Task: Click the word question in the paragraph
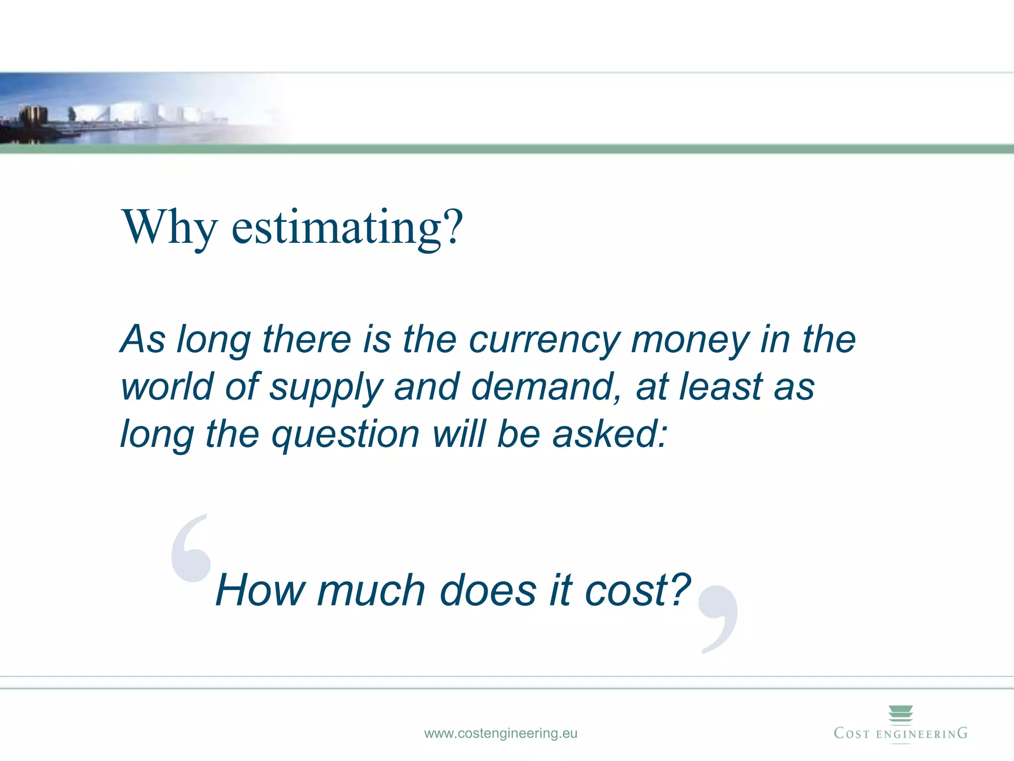click(346, 435)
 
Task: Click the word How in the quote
click(260, 590)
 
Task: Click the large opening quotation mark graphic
click(191, 550)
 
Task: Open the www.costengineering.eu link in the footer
click(501, 733)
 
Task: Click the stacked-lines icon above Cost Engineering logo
click(901, 714)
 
